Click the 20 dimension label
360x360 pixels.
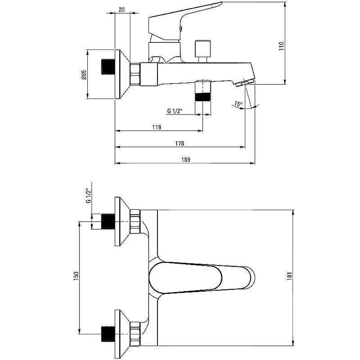pyautogui.click(x=121, y=9)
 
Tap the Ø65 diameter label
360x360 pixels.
pyautogui.click(x=84, y=75)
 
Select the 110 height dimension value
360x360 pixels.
pyautogui.click(x=282, y=46)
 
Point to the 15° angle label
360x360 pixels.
pyautogui.click(x=238, y=104)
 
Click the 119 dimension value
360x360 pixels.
pyautogui.click(x=157, y=127)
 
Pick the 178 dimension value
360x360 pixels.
pyautogui.click(x=180, y=144)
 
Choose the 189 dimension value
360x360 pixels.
pyautogui.click(x=185, y=160)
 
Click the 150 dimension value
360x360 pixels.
pyautogui.click(x=76, y=276)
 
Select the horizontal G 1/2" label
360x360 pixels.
pyautogui.click(x=175, y=111)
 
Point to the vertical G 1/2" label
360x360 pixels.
pyautogui.click(x=88, y=196)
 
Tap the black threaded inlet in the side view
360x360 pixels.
pyautogui.click(x=108, y=67)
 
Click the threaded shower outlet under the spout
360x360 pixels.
pyautogui.click(x=203, y=97)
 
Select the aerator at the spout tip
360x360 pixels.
pyautogui.click(x=245, y=82)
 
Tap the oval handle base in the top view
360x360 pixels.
pyautogui.click(x=185, y=278)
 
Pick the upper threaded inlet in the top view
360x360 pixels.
pyautogui.click(x=108, y=221)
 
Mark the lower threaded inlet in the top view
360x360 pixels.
pyautogui.click(x=108, y=334)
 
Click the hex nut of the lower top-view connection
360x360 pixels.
pyautogui.click(x=135, y=334)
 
